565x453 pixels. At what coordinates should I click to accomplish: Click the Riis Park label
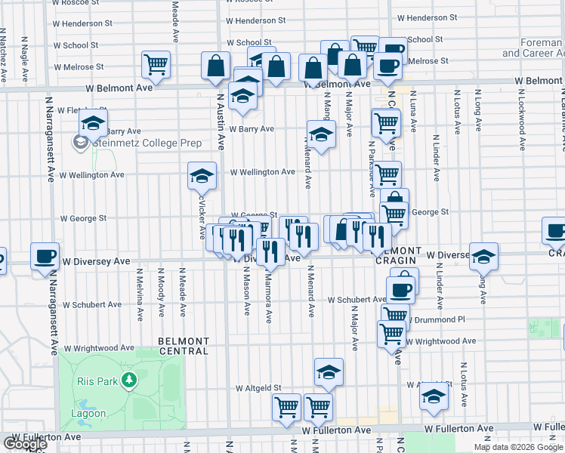pos(97,381)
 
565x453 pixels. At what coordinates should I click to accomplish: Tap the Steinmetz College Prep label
pos(137,143)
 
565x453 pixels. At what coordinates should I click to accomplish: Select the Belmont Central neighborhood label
pos(184,346)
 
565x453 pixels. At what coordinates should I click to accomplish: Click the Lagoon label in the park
pos(90,413)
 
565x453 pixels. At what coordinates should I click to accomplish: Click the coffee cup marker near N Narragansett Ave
pos(45,256)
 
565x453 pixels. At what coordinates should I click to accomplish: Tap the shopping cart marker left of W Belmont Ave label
pos(156,65)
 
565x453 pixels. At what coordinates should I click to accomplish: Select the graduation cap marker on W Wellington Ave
pos(202,176)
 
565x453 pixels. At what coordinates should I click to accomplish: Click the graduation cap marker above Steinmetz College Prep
pos(94,123)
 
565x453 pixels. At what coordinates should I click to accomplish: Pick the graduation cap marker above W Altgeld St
pos(329,371)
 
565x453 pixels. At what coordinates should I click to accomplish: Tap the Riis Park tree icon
pos(130,379)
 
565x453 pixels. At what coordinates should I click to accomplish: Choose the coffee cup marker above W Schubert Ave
pos(400,288)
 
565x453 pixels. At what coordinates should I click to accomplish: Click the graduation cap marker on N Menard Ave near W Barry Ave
pos(321,135)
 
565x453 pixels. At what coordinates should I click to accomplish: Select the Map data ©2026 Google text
pos(517,447)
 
